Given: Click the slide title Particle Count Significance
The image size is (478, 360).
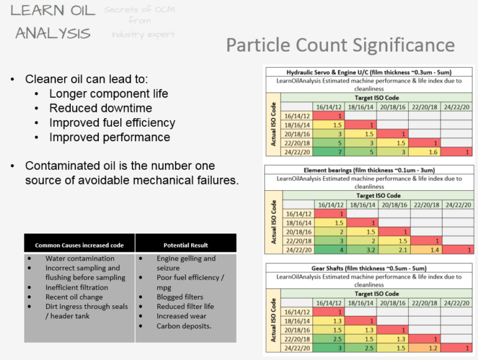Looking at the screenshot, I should (340, 45).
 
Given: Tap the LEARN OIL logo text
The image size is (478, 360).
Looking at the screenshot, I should (53, 11).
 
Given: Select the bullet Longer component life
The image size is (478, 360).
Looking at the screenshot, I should (108, 94).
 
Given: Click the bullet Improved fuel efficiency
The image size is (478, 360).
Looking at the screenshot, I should (112, 122).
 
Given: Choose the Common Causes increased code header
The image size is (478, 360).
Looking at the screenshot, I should (79, 245).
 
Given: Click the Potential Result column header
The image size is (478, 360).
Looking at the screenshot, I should (185, 245).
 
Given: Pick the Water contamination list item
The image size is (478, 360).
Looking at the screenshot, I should (80, 259).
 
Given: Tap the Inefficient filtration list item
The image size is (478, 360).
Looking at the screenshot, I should (77, 287).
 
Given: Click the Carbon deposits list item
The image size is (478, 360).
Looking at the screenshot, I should (184, 326).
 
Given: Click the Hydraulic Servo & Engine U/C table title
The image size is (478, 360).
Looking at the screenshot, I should (370, 72).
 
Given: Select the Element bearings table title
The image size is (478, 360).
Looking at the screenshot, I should (370, 170).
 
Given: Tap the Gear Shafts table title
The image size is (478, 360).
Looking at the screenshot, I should (370, 268).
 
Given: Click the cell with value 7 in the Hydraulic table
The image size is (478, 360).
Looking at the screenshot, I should (340, 152).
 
